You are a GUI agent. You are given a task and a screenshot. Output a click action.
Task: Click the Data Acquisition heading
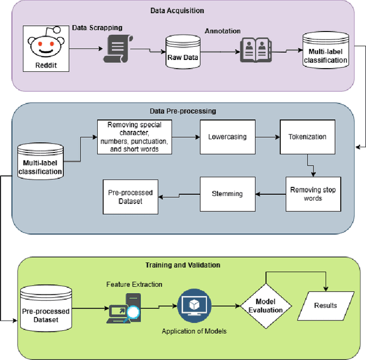tap(177, 10)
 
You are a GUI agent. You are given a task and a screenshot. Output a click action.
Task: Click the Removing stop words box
tap(313, 194)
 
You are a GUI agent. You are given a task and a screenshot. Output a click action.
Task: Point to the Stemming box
tap(227, 194)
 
